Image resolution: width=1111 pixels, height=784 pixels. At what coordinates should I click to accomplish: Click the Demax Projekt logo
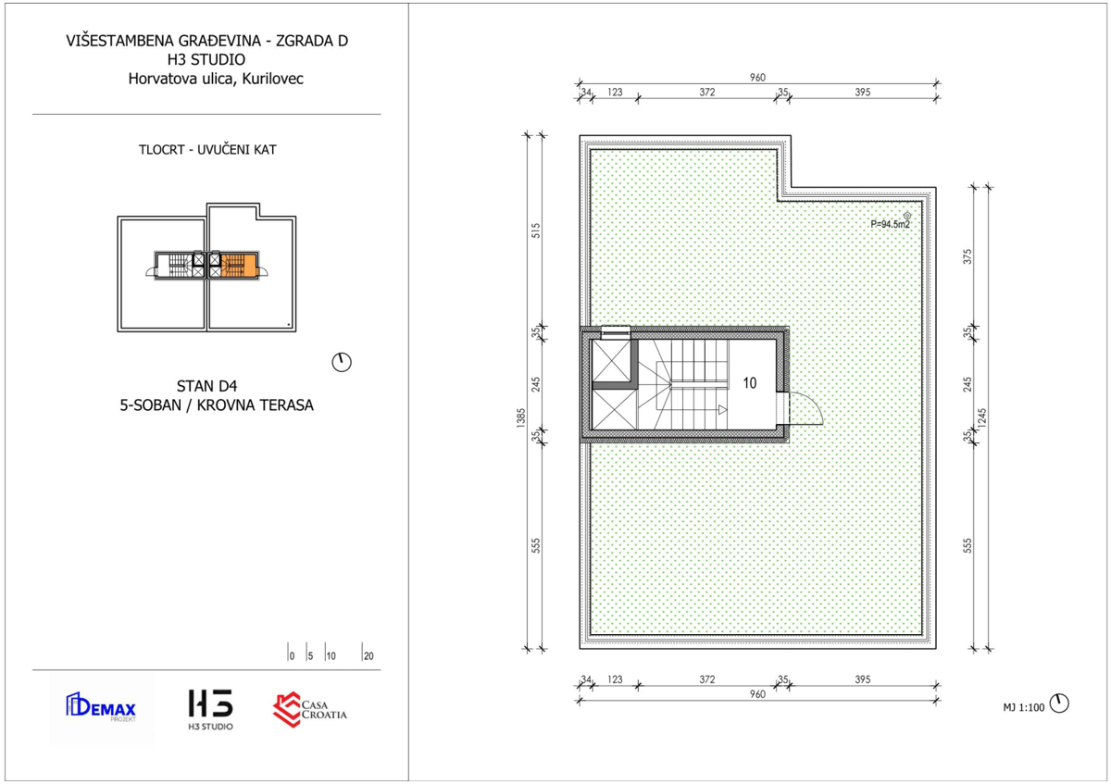(101, 706)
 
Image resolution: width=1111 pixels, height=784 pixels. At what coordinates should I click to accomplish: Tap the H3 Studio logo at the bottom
(210, 710)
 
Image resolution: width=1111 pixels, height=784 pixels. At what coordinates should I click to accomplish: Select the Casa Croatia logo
(309, 710)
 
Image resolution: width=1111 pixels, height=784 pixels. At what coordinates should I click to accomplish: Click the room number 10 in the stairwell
(749, 383)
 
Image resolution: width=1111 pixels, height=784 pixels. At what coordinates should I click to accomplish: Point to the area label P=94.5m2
(891, 224)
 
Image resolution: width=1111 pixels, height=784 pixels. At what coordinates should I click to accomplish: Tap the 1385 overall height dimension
(520, 417)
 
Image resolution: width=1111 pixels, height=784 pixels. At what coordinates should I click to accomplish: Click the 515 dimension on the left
(536, 230)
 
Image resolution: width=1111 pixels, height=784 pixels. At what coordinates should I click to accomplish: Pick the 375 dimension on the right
(967, 256)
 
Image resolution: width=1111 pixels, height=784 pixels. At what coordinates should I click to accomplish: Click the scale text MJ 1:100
(1024, 707)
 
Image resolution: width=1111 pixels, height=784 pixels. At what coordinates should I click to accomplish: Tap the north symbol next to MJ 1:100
(1059, 703)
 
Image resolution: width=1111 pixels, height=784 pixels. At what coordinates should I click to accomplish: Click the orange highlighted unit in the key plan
(239, 266)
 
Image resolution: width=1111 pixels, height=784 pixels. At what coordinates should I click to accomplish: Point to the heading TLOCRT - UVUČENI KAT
(207, 150)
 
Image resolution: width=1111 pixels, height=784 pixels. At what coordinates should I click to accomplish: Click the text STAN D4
(206, 386)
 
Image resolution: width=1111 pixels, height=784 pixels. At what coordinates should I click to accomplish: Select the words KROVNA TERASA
(255, 405)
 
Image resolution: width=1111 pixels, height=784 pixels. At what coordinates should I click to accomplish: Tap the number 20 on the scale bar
(368, 656)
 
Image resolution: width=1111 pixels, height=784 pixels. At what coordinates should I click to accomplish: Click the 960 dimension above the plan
(757, 78)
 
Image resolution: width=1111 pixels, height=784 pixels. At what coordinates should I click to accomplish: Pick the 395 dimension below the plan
(863, 679)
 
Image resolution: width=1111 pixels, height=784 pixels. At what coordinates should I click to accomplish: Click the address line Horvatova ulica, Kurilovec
(216, 79)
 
